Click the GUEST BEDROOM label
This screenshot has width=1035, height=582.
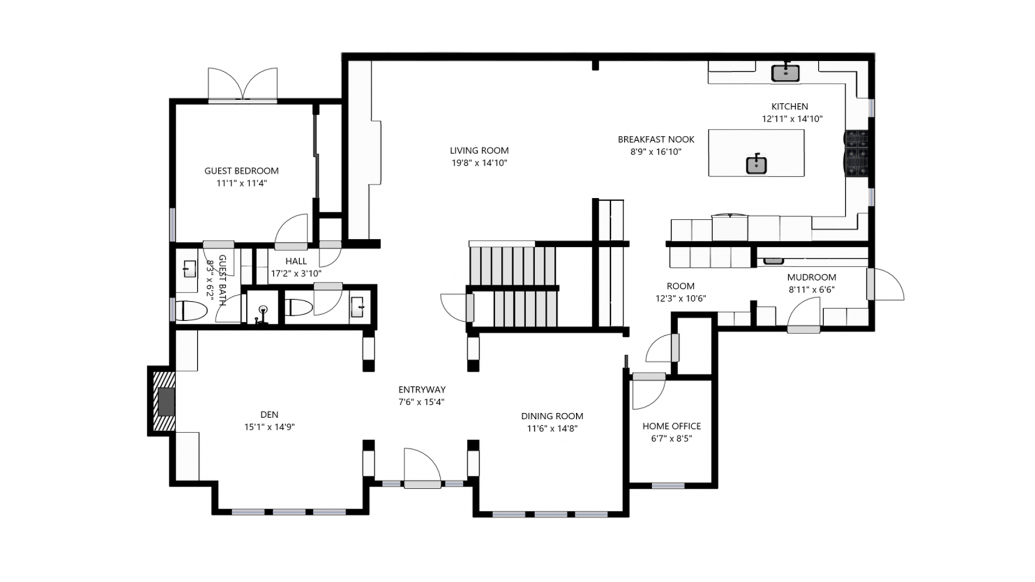[241, 171]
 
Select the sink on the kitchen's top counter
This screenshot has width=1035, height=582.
[785, 73]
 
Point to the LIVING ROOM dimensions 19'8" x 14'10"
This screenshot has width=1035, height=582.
[479, 163]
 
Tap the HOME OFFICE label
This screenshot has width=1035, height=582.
[671, 426]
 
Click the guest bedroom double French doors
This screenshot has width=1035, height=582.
[243, 85]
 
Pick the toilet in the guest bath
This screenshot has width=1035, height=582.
[191, 311]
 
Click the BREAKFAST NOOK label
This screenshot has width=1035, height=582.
[655, 139]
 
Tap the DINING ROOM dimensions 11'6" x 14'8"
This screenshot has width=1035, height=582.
[552, 428]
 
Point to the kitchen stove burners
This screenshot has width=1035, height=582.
[857, 154]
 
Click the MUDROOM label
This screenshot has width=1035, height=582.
[811, 277]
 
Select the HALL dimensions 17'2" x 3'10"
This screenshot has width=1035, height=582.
[296, 273]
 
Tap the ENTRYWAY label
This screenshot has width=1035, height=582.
[422, 389]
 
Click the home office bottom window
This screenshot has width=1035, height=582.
[668, 486]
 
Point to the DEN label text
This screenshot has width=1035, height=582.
[269, 414]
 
